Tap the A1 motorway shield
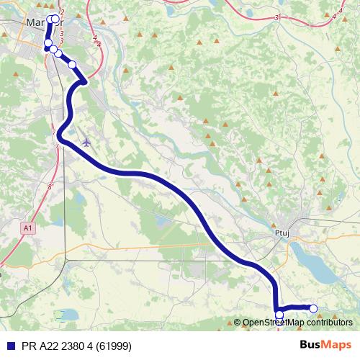pos(27,228)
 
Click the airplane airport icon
pos(87,141)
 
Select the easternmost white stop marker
pos(313,309)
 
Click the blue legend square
pos(7,345)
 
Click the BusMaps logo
pos(325,345)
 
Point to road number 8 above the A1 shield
pos(50,186)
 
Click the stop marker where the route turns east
pos(279,314)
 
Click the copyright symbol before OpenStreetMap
pos(238,323)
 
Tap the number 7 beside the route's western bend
pos(55,130)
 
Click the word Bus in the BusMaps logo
pos(310,345)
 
